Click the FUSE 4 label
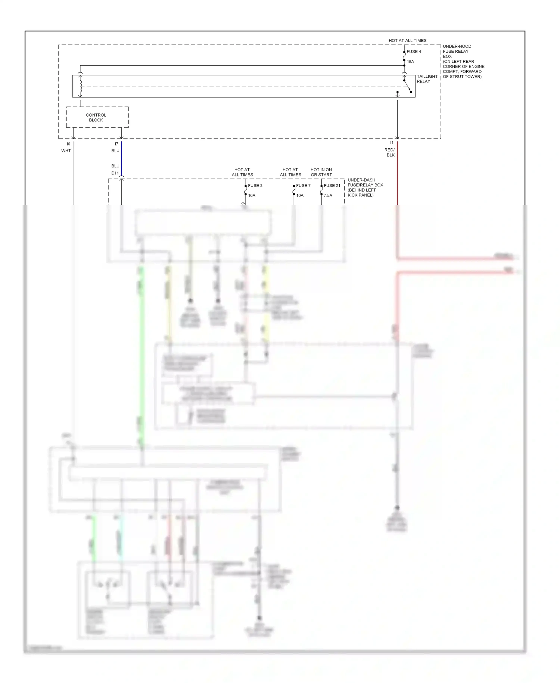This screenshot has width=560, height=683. point(414,52)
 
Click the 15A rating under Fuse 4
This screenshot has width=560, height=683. point(410,62)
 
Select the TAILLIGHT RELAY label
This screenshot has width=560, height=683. point(427,79)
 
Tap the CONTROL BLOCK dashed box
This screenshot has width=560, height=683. point(97,117)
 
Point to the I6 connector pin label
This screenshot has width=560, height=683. point(68,144)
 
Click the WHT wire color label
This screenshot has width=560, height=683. point(66,151)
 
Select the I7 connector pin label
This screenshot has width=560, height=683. point(116,144)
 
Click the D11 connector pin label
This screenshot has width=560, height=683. point(115,173)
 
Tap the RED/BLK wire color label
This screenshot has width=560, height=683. point(390,152)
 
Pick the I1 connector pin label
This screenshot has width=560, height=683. point(392,143)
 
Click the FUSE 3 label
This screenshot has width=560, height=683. point(255,185)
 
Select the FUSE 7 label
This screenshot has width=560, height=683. point(303,185)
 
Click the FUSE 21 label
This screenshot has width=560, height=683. point(332,185)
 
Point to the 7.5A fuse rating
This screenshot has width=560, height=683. point(328,195)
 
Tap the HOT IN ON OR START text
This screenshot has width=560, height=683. point(321,172)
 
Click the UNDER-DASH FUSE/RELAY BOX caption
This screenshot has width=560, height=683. point(365,188)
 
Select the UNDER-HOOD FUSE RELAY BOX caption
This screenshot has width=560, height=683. point(463,61)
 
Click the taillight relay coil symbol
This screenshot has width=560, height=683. point(80,86)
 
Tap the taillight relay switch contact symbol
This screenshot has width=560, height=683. point(407,86)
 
